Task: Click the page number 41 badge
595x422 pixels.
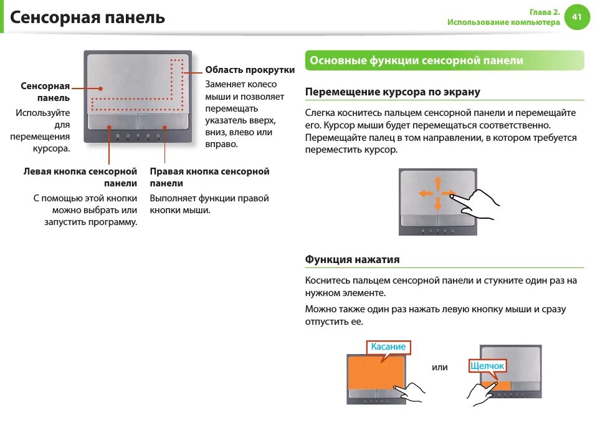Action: (577, 17)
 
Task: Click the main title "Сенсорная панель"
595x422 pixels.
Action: (87, 17)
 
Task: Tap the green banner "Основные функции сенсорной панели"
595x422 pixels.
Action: (444, 60)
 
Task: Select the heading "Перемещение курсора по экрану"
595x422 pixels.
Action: (393, 92)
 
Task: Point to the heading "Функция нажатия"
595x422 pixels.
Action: (352, 259)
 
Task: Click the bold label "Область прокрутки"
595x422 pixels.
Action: (250, 70)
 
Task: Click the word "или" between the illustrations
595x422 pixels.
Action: (439, 367)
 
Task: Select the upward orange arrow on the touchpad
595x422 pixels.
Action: (438, 183)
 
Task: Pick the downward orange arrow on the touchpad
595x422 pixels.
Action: (438, 204)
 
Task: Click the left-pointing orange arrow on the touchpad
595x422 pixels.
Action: (426, 193)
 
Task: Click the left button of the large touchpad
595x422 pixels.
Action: (113, 122)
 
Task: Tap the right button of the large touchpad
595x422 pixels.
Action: (163, 122)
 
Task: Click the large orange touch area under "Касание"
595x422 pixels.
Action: (376, 373)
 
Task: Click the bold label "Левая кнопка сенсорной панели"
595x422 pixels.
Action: (80, 177)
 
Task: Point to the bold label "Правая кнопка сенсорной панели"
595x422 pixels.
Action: (209, 177)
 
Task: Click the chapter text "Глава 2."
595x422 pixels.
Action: (545, 12)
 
